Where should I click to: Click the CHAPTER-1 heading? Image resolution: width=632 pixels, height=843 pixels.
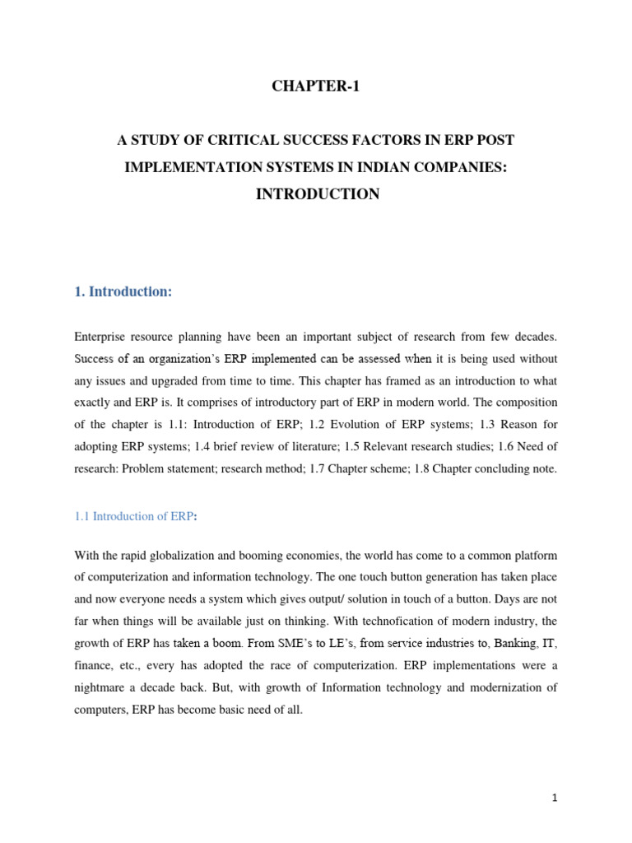point(316,88)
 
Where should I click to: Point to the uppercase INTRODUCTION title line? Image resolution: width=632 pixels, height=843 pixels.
point(316,194)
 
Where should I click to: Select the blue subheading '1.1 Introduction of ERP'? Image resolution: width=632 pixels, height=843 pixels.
point(132,516)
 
